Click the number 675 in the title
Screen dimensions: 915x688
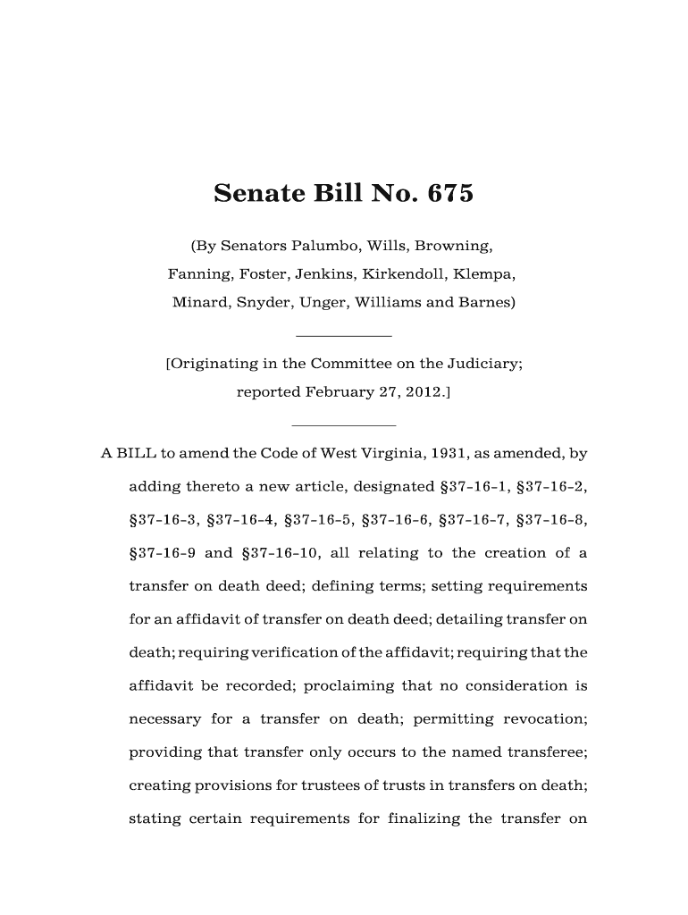pos(445,193)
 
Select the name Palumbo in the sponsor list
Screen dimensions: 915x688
pos(320,244)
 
